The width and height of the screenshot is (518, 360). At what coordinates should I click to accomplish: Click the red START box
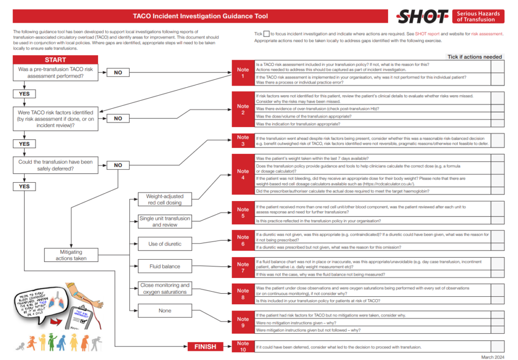[55, 60]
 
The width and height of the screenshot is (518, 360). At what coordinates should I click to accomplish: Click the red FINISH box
[205, 347]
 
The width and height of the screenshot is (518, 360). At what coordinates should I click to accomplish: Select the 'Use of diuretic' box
[164, 244]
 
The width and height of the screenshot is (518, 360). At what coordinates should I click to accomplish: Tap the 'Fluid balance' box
[164, 266]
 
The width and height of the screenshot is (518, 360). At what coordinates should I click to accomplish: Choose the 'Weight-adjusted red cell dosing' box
[164, 199]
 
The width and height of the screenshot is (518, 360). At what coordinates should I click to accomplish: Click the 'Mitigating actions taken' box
[71, 255]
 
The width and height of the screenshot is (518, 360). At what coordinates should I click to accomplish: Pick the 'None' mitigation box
[164, 311]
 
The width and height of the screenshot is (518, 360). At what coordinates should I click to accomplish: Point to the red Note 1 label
[243, 73]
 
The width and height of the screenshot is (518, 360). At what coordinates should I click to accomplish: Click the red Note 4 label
[243, 175]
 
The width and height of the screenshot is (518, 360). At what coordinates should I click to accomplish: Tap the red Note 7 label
[243, 267]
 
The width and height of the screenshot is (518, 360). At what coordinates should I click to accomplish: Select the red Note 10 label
[243, 347]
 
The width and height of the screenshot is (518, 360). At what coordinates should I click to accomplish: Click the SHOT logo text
[422, 17]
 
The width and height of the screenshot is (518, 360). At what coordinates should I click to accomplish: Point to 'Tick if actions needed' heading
[474, 57]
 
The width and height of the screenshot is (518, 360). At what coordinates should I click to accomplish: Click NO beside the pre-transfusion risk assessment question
[118, 73]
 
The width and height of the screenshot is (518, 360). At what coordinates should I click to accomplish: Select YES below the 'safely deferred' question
[24, 186]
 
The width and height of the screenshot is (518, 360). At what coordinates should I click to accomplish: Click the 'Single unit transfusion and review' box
[164, 222]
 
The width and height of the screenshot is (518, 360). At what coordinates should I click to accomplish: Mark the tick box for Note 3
[497, 141]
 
